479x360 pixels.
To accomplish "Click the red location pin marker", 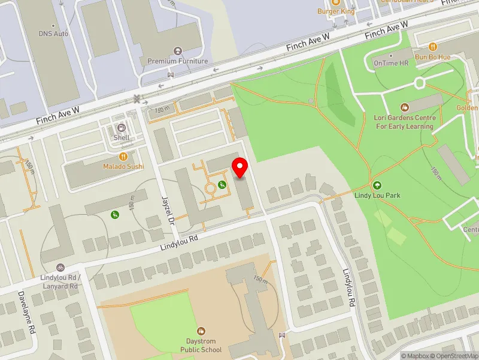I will coord(241,167).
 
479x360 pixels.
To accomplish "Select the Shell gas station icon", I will coord(122,128).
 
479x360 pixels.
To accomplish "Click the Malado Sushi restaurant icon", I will coord(123,157).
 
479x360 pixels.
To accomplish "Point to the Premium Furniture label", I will coord(178,61).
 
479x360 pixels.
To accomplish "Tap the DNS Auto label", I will coord(53,34).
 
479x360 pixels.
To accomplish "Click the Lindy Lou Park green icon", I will coord(377,185).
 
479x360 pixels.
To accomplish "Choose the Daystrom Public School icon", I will coord(201,331).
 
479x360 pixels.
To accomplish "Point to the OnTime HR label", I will coord(390,62).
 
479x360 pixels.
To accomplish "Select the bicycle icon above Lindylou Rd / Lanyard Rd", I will coord(60,267).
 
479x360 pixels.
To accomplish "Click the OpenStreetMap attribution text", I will coord(453,356).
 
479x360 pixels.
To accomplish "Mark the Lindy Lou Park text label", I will coord(377,196).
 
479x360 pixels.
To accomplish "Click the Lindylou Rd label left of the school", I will coord(179,243).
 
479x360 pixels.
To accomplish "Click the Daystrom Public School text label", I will coord(201,346).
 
